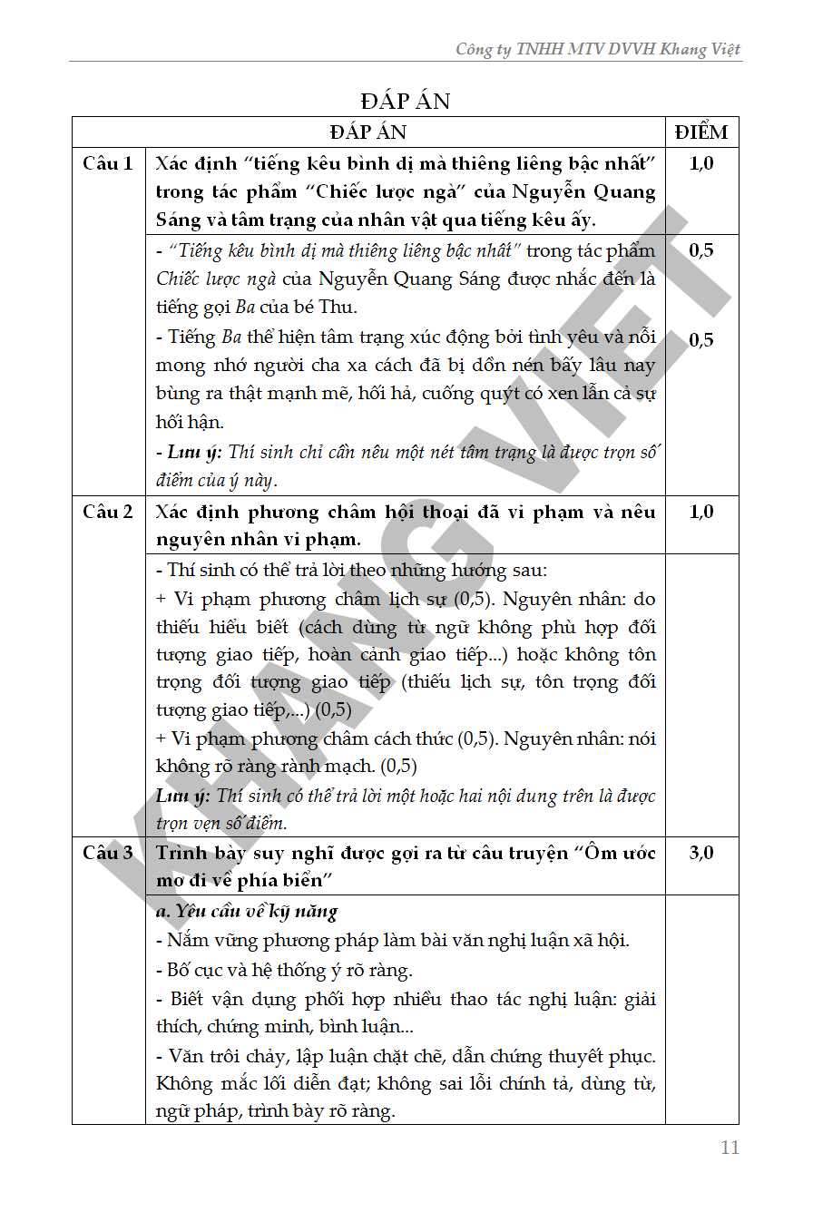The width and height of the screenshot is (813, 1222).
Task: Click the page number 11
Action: point(730,1148)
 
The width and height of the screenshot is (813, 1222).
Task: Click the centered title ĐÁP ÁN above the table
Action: point(406,101)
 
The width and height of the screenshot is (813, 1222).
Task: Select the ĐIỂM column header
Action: point(701,132)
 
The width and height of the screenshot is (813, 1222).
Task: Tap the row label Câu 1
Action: point(108,163)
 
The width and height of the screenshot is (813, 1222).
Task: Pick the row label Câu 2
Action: point(108,512)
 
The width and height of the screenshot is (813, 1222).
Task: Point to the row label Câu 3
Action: point(108,853)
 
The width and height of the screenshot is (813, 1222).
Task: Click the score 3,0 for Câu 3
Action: point(701,853)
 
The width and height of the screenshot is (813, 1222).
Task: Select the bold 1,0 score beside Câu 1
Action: point(701,163)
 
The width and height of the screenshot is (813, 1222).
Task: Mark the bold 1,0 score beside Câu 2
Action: point(701,512)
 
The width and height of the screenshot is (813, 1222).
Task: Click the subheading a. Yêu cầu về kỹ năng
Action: point(247,911)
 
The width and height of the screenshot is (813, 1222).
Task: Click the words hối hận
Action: point(190,422)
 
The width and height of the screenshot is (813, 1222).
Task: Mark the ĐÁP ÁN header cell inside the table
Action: point(368,132)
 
